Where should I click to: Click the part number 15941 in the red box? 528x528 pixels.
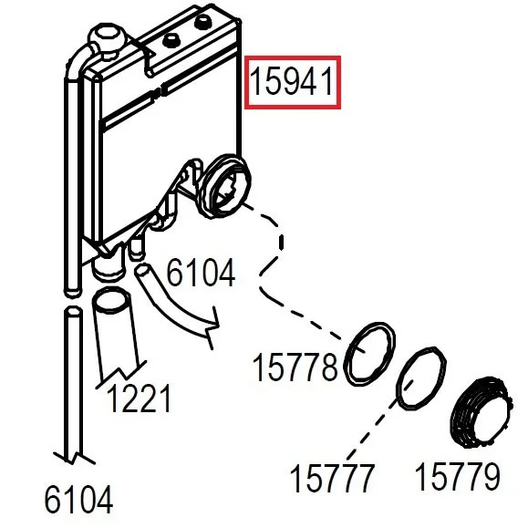click(x=293, y=81)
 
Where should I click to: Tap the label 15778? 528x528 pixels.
click(x=295, y=368)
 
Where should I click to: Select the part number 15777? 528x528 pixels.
click(x=332, y=478)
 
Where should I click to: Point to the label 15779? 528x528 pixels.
click(x=458, y=476)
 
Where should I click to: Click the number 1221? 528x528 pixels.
click(x=139, y=399)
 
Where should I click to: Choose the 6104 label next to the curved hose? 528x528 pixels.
click(x=201, y=273)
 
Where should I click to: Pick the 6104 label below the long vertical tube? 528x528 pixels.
click(x=78, y=500)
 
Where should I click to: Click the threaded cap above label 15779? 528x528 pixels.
click(x=481, y=412)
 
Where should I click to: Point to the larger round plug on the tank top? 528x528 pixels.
click(x=203, y=23)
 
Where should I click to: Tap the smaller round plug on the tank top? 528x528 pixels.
click(x=171, y=41)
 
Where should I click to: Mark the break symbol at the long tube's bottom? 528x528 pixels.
click(x=74, y=458)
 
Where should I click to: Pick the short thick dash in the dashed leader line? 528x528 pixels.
click(x=281, y=242)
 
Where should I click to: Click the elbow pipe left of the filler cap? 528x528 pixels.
click(x=78, y=62)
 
